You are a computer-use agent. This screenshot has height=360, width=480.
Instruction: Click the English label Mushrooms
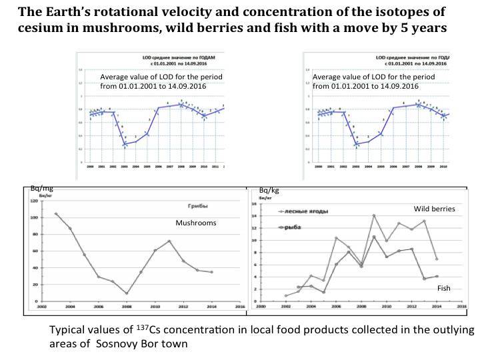pyautogui.click(x=196, y=223)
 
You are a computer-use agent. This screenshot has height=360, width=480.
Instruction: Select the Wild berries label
pyautogui.click(x=434, y=209)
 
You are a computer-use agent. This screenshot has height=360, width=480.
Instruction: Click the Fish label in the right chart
pyautogui.click(x=444, y=288)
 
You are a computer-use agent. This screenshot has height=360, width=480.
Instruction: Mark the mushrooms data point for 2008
pyautogui.click(x=127, y=293)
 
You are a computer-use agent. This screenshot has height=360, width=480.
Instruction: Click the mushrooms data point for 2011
pyautogui.click(x=169, y=241)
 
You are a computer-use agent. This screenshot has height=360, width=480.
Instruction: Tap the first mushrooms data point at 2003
pyautogui.click(x=55, y=214)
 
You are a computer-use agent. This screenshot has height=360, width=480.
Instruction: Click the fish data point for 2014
pyautogui.click(x=437, y=276)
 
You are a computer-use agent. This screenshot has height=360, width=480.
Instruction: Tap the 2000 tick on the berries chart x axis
pyautogui.click(x=261, y=307)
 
